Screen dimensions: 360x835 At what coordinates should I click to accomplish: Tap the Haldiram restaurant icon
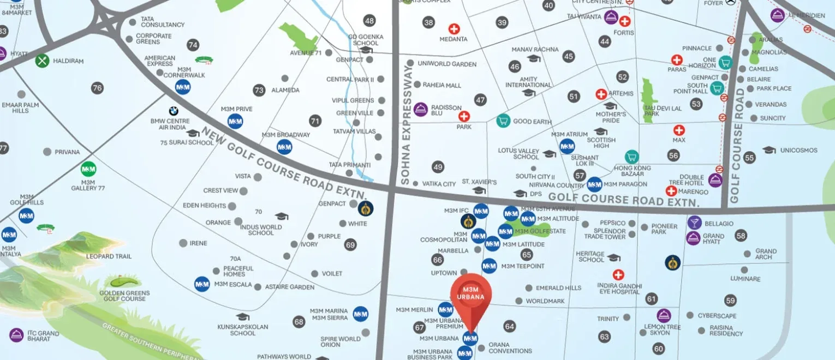[43, 61]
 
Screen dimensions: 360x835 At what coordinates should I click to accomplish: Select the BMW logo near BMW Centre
[174, 111]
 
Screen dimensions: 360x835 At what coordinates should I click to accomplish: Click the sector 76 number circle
[97, 88]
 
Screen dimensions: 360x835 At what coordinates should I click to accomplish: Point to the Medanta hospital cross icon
[454, 29]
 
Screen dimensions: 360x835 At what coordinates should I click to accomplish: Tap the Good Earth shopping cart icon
[503, 121]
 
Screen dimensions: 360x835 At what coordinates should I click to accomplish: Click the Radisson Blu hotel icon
[420, 109]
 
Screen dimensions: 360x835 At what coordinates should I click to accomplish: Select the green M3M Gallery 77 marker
[88, 169]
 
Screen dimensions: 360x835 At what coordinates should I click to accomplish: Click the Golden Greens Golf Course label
[124, 296]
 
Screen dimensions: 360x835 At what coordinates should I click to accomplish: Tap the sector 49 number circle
[438, 167]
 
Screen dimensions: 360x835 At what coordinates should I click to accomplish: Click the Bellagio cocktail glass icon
[694, 223]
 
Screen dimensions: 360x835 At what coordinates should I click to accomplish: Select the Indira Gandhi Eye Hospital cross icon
[618, 275]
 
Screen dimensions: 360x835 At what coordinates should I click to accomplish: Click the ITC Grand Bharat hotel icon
[16, 335]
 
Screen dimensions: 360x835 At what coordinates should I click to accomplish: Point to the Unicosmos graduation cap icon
[769, 150]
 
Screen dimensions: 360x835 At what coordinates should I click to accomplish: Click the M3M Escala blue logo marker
[202, 284]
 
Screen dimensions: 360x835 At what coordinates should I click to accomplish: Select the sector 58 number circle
[741, 236]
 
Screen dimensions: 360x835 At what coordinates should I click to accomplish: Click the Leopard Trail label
[109, 256]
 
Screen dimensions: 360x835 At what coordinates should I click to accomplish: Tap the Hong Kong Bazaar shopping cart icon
[631, 157]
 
